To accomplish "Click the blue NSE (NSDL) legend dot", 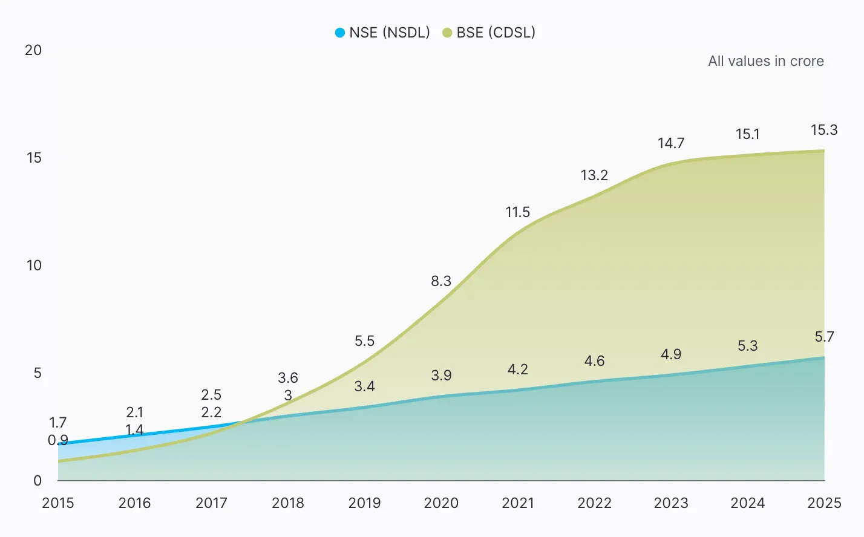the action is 340,33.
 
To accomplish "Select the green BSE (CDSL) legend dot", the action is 447,33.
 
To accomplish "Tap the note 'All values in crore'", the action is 765,61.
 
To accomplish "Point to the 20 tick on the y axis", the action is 33,50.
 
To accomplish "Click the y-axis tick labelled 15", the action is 34,158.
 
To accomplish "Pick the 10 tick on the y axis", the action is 34,265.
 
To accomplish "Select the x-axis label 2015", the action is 58,503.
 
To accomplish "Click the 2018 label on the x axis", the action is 288,503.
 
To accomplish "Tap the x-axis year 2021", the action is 518,503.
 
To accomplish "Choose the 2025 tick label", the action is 824,503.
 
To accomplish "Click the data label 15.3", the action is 824,130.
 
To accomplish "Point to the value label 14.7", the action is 671,143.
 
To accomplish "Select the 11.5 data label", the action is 518,212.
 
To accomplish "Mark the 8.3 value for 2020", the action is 441,281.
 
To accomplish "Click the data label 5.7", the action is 824,337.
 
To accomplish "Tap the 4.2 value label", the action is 518,369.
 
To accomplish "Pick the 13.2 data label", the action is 594,175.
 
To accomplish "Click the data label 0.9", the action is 58,440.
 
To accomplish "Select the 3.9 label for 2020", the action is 441,376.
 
